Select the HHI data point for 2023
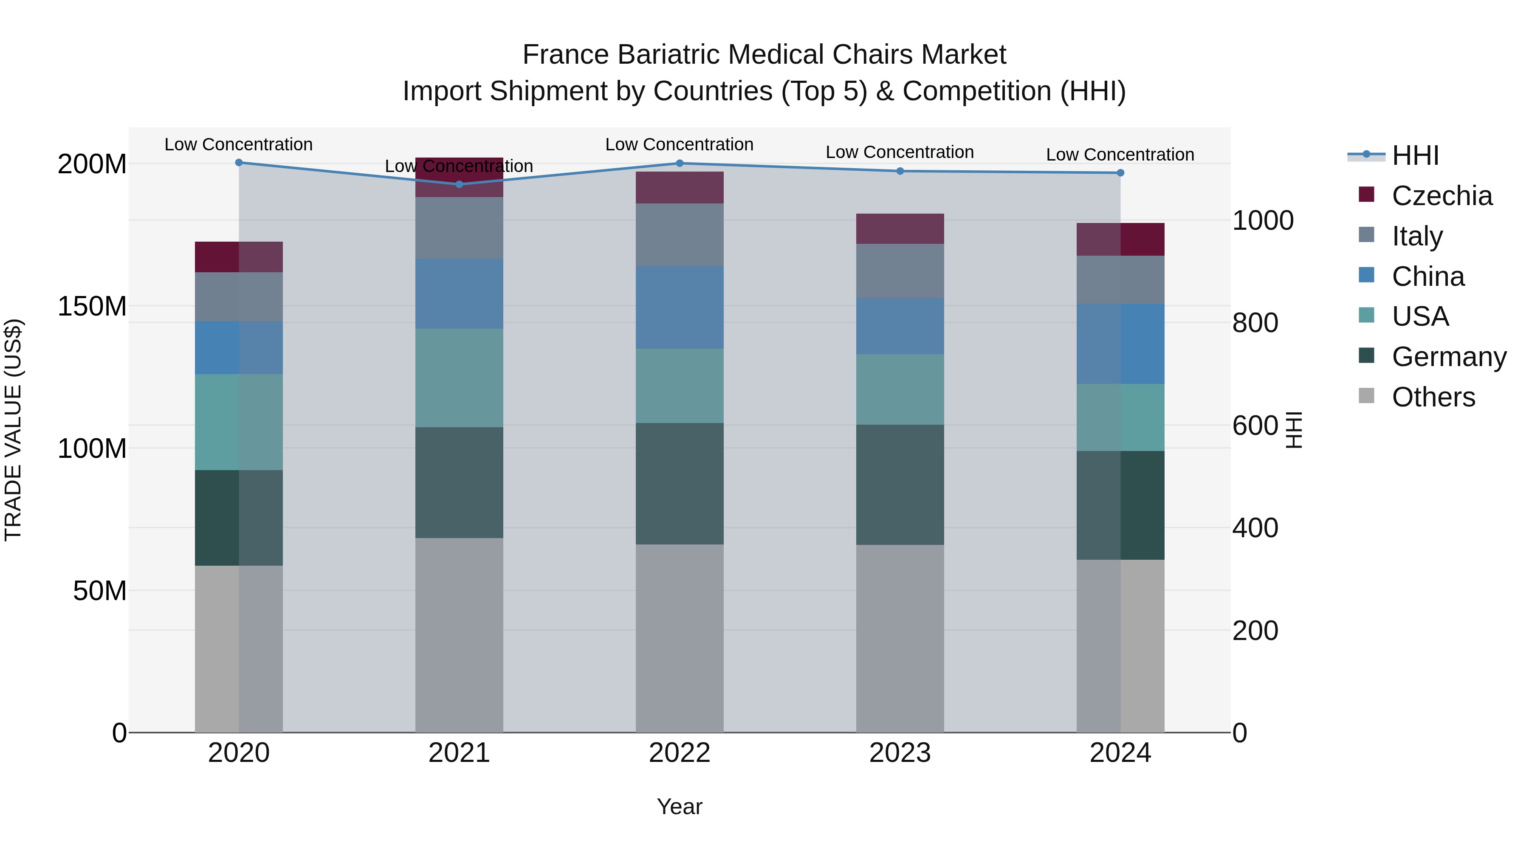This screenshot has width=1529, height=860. pyautogui.click(x=900, y=171)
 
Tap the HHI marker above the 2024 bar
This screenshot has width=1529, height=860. pyautogui.click(x=1120, y=173)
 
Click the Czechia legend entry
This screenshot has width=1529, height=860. pyautogui.click(x=1441, y=196)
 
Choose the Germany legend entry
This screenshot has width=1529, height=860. pyautogui.click(x=1448, y=357)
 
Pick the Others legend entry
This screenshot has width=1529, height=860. pyautogui.click(x=1433, y=397)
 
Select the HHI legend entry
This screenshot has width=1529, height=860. pyautogui.click(x=1415, y=155)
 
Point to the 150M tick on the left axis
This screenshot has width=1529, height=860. pyautogui.click(x=92, y=306)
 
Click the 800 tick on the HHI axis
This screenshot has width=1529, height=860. pyautogui.click(x=1255, y=323)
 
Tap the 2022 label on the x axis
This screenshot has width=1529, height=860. pyautogui.click(x=679, y=753)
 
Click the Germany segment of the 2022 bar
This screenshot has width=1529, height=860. pyautogui.click(x=679, y=483)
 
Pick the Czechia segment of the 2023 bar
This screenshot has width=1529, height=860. pyautogui.click(x=900, y=228)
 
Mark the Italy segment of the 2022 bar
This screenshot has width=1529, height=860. pyautogui.click(x=679, y=234)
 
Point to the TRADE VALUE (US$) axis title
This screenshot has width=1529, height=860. pyautogui.click(x=13, y=430)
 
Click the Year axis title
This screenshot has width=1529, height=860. pyautogui.click(x=679, y=806)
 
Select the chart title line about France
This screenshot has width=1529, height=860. pyautogui.click(x=764, y=55)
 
